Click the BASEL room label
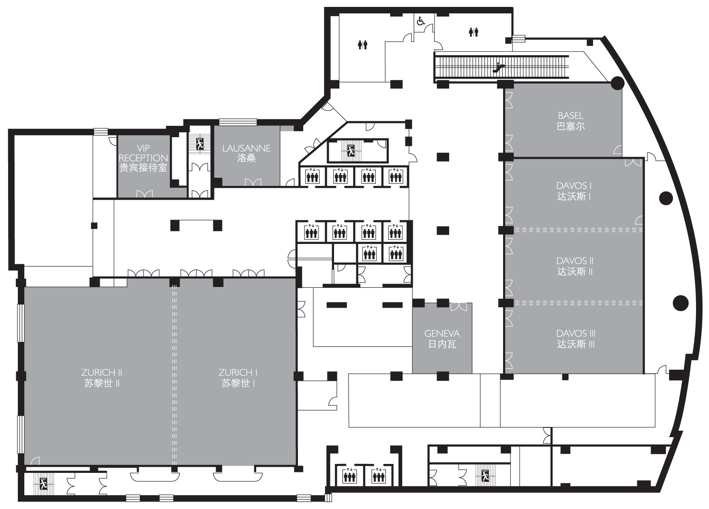[570, 121]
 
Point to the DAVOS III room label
[576, 339]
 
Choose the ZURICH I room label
[238, 378]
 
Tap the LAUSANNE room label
[246, 153]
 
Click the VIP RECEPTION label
[143, 158]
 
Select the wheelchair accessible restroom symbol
[421, 20]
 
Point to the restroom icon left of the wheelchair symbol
[362, 45]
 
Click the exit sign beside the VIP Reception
[200, 144]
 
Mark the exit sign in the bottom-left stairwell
[43, 483]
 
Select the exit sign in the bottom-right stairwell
[485, 475]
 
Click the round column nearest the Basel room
[617, 83]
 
